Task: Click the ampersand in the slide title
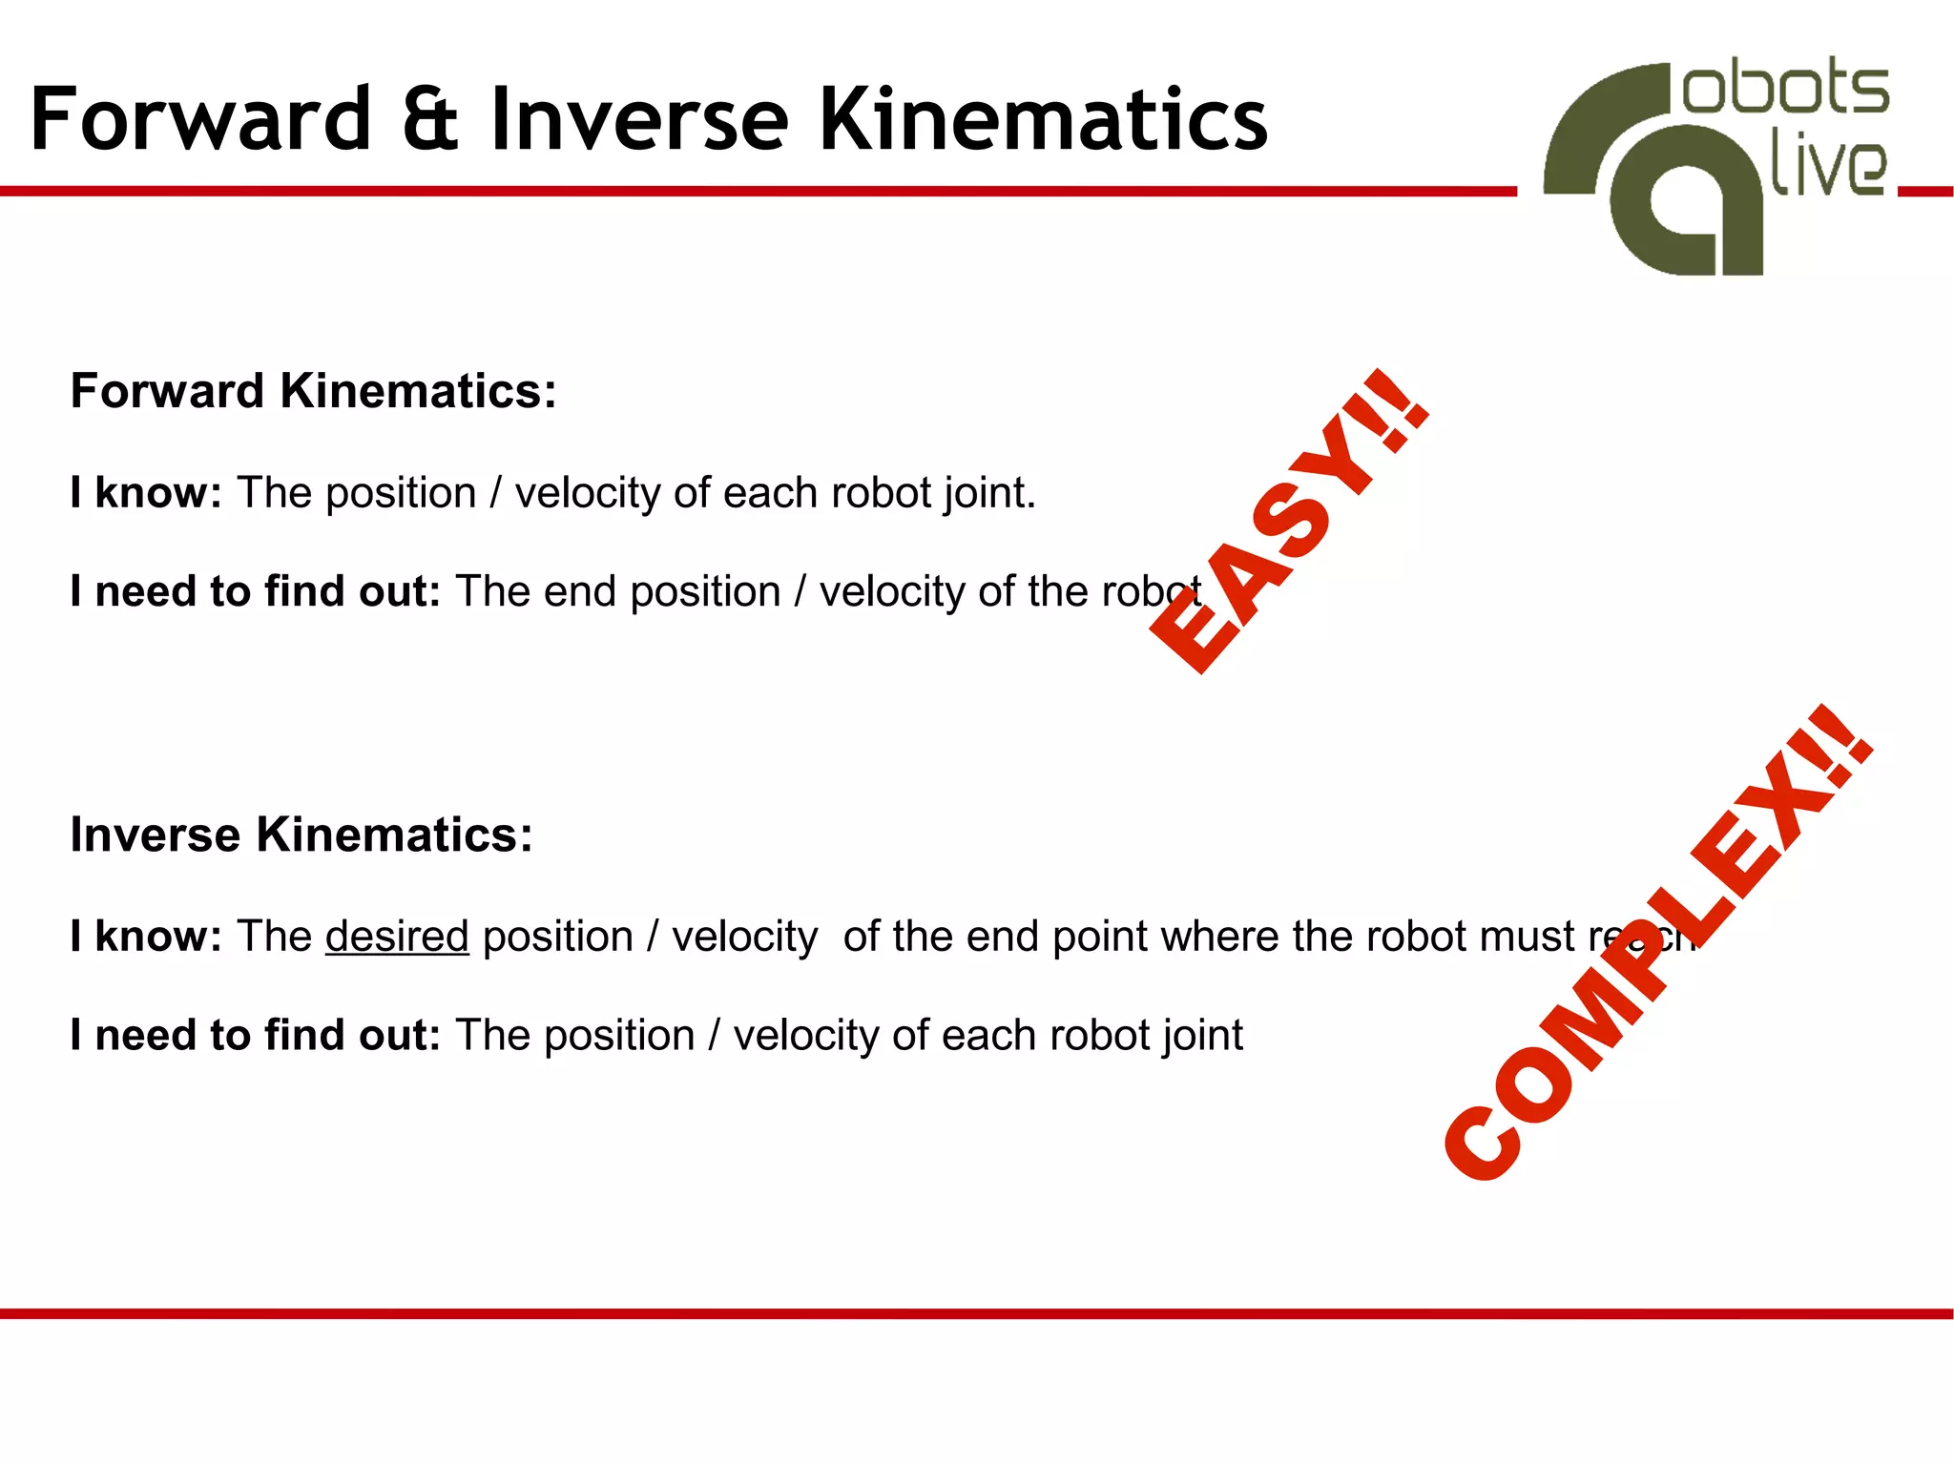click(x=430, y=119)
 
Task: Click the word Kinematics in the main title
click(x=1044, y=119)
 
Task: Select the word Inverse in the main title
click(x=639, y=119)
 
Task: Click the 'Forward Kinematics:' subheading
click(x=313, y=391)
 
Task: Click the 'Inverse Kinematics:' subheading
click(x=301, y=835)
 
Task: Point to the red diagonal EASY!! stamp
click(x=1288, y=523)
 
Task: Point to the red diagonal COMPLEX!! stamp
click(x=1658, y=942)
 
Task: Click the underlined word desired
click(x=397, y=937)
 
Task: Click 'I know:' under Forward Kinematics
click(x=146, y=493)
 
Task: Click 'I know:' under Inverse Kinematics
click(x=146, y=937)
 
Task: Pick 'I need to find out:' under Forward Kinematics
click(x=255, y=591)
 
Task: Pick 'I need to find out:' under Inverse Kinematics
click(x=255, y=1036)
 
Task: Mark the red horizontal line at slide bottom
click(x=977, y=1313)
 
